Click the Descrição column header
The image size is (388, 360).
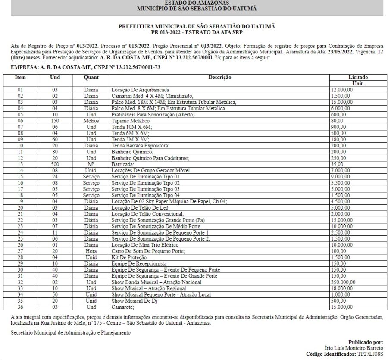click(x=220, y=77)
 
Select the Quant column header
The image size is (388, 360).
click(x=91, y=77)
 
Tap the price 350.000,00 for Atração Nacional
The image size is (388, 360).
click(x=342, y=282)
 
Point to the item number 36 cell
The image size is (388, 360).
click(x=20, y=307)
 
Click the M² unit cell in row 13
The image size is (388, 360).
click(x=91, y=164)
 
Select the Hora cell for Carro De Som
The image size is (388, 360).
click(x=91, y=251)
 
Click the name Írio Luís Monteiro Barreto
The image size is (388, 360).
click(x=354, y=347)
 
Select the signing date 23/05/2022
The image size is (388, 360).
click(x=339, y=52)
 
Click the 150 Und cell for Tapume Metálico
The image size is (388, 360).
click(x=55, y=121)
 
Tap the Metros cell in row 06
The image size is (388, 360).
click(x=91, y=121)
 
